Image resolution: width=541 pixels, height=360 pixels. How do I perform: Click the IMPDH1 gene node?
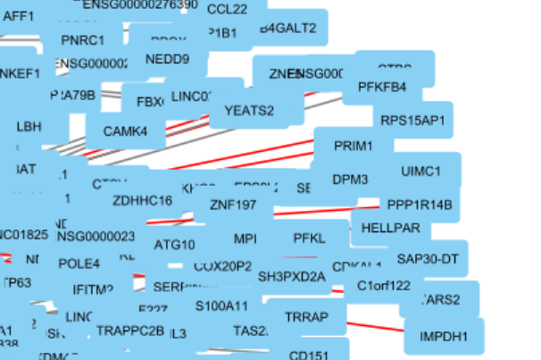[x=444, y=337]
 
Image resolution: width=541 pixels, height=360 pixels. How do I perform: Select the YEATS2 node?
[x=249, y=111]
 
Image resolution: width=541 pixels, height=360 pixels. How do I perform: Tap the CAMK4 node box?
[x=126, y=131]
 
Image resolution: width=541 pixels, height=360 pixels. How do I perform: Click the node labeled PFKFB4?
[x=382, y=87]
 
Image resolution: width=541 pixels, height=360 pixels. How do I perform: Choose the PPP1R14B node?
[x=420, y=205]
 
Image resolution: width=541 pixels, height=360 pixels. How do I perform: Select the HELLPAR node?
[x=391, y=228]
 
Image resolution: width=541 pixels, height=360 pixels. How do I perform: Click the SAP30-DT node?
[x=428, y=259]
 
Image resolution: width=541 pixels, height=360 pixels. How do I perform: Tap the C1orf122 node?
[x=384, y=286]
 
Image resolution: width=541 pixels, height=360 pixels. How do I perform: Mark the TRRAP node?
[x=307, y=317]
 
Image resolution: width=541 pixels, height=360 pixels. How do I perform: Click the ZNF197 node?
[x=233, y=205]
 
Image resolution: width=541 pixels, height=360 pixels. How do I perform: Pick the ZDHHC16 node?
[x=143, y=200]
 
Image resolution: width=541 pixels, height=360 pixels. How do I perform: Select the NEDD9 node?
[x=167, y=60]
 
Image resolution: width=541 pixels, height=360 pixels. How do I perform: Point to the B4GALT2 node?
[x=288, y=28]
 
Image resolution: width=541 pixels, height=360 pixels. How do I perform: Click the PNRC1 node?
[x=82, y=40]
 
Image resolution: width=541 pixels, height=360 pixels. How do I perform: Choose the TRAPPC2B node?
[x=130, y=331]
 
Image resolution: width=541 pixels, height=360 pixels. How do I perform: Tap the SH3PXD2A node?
[x=292, y=276]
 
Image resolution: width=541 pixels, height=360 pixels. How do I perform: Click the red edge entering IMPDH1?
[x=375, y=325]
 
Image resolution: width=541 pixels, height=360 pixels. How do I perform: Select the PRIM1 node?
[x=353, y=145]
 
